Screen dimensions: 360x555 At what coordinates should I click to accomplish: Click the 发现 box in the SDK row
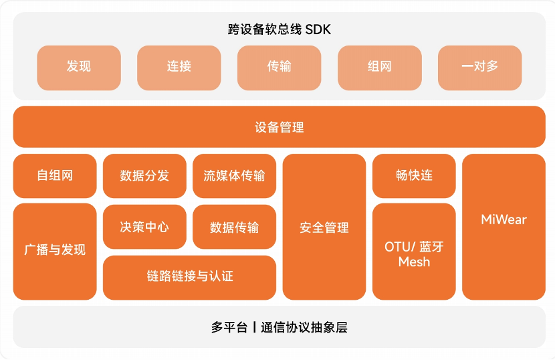pyautogui.click(x=79, y=67)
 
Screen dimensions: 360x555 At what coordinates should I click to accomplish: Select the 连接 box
pyautogui.click(x=179, y=67)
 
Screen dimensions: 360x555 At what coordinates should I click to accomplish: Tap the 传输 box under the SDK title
pyautogui.click(x=280, y=67)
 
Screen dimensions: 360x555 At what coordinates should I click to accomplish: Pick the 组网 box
pyautogui.click(x=380, y=67)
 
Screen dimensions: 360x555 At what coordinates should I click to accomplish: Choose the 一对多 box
pyautogui.click(x=480, y=67)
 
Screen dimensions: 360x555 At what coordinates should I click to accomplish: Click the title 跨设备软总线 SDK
pyautogui.click(x=279, y=29)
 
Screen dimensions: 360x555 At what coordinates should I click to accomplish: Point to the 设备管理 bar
pyautogui.click(x=279, y=126)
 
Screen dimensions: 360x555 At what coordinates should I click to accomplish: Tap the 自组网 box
pyautogui.click(x=55, y=176)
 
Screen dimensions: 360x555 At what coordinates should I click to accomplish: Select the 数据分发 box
pyautogui.click(x=144, y=176)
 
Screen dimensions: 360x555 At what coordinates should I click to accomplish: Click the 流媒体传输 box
pyautogui.click(x=234, y=176)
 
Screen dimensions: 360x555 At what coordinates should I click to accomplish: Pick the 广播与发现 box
pyautogui.click(x=55, y=251)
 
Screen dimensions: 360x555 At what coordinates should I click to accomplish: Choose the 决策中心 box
pyautogui.click(x=144, y=227)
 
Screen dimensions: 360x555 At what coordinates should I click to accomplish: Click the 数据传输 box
pyautogui.click(x=234, y=227)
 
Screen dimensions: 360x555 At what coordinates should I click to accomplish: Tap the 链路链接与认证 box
pyautogui.click(x=189, y=276)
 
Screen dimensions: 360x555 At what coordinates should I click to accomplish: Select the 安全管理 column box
pyautogui.click(x=324, y=227)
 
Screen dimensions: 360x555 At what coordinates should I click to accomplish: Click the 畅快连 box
pyautogui.click(x=414, y=176)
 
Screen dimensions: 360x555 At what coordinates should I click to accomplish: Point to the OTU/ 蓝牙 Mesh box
pyautogui.click(x=414, y=252)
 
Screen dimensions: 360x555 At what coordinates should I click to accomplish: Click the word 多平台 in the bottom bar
pyautogui.click(x=229, y=328)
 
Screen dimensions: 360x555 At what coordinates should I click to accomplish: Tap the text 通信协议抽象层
pyautogui.click(x=304, y=328)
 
